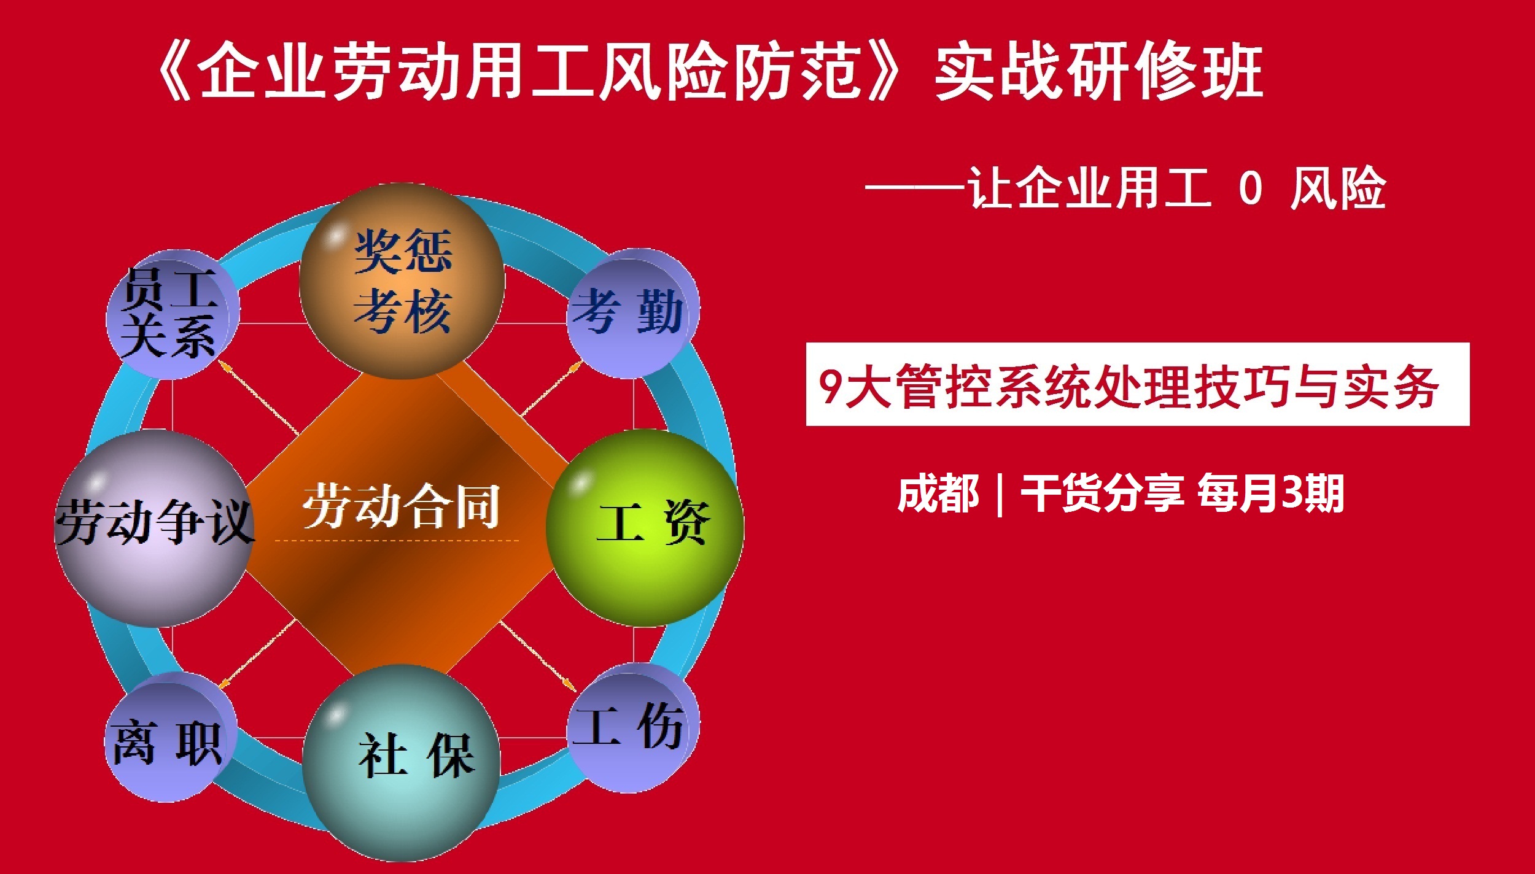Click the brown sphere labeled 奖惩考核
402,281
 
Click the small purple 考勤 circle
632,313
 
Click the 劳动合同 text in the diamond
402,507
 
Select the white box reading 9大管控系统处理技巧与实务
1137,385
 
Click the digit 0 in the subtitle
1250,188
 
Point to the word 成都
938,494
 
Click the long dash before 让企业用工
915,188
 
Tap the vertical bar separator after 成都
1001,494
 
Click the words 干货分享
1102,494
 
